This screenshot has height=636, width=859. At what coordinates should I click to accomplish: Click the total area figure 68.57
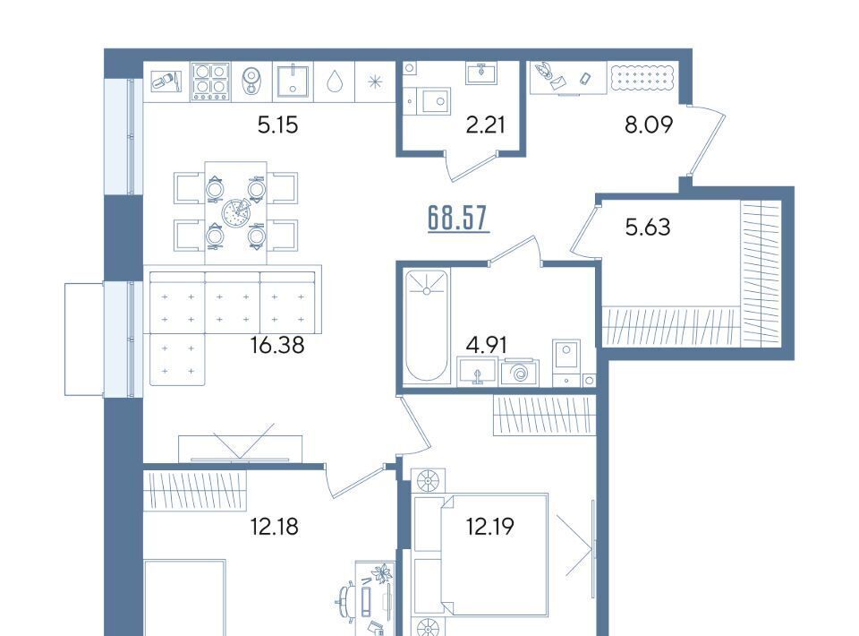(457, 219)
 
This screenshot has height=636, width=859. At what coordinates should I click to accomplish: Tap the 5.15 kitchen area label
(277, 125)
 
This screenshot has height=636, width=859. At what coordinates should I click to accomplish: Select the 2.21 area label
(485, 125)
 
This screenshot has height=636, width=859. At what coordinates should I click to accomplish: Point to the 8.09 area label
(649, 125)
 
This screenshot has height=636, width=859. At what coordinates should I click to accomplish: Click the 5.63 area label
(648, 227)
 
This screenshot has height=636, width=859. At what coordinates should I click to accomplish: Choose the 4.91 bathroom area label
(486, 345)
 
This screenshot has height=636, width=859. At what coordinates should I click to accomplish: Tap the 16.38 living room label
(276, 345)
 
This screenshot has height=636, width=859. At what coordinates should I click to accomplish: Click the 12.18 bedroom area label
(274, 527)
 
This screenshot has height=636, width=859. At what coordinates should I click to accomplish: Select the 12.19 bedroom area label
(489, 527)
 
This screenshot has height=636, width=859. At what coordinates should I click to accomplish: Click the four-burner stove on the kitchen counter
(211, 82)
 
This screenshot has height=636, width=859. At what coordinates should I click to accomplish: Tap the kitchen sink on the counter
(293, 82)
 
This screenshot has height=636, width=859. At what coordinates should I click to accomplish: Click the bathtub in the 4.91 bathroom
(426, 326)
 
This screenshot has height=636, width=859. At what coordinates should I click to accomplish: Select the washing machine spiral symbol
(519, 374)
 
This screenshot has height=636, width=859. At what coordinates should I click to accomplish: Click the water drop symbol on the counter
(334, 82)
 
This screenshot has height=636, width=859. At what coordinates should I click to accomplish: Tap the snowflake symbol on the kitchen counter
(375, 82)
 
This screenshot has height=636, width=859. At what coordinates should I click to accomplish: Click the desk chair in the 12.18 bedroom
(346, 601)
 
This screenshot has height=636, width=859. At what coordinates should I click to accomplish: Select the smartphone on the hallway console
(585, 79)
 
